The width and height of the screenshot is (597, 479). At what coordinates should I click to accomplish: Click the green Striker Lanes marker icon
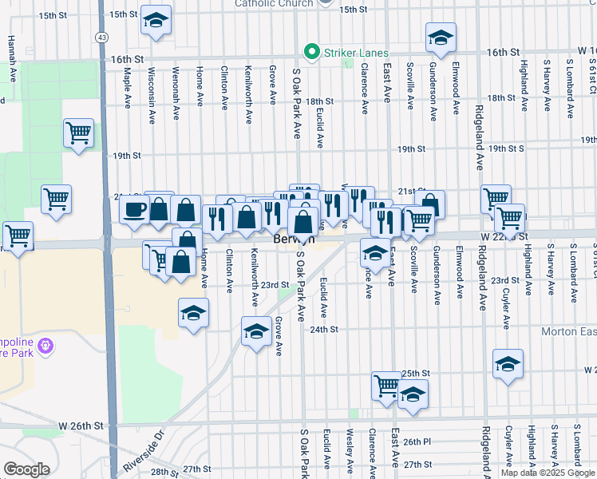click(310, 53)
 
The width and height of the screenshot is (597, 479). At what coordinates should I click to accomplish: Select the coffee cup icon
click(133, 209)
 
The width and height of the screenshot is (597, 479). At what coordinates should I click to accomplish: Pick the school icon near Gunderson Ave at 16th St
click(440, 38)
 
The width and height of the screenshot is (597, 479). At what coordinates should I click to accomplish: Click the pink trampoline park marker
click(45, 345)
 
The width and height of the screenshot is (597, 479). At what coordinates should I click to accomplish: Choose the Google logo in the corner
click(26, 469)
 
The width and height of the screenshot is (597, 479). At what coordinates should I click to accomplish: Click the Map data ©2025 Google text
click(548, 473)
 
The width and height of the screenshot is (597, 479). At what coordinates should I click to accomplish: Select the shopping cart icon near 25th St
click(386, 386)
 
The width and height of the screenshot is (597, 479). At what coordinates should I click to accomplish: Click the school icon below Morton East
click(508, 364)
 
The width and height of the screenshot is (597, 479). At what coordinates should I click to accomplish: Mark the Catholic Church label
click(272, 3)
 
